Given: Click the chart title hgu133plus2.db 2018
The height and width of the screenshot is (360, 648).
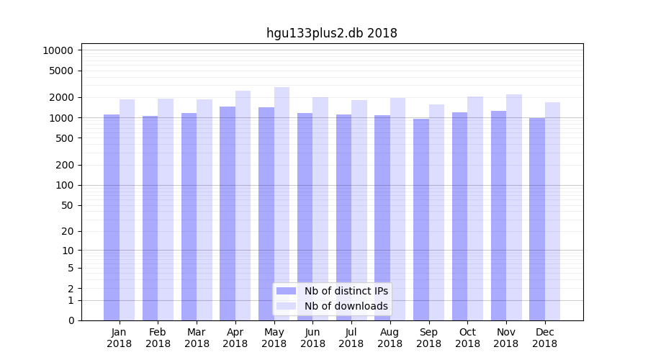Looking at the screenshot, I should (331, 33).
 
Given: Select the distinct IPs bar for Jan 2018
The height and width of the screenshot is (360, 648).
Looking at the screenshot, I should (112, 216).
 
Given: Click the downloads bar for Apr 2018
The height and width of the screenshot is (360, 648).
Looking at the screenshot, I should (243, 205).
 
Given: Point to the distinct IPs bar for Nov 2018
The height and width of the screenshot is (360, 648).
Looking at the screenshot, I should (498, 215).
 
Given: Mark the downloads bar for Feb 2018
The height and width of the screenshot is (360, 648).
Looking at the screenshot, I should (166, 210).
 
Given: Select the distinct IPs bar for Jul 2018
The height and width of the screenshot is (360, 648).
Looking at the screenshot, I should (343, 217).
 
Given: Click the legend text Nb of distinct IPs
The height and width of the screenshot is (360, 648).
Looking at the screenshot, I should (346, 291).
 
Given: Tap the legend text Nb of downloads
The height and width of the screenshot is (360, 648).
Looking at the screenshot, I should (346, 306).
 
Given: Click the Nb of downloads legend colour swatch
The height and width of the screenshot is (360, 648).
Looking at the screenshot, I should (286, 306).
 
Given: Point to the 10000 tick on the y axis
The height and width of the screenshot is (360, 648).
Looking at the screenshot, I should (58, 50).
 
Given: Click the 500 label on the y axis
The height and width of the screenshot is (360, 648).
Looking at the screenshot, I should (65, 138).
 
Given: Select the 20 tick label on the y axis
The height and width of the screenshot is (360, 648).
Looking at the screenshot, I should (68, 231).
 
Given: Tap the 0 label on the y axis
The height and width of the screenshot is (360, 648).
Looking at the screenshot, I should (71, 320).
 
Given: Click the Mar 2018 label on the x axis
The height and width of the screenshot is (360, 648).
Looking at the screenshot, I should (197, 338).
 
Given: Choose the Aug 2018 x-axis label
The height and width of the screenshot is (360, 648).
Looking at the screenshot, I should (390, 338).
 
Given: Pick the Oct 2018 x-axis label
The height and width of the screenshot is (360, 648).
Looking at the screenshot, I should (467, 338).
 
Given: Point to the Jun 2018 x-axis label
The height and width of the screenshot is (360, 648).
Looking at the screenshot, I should (312, 338).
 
